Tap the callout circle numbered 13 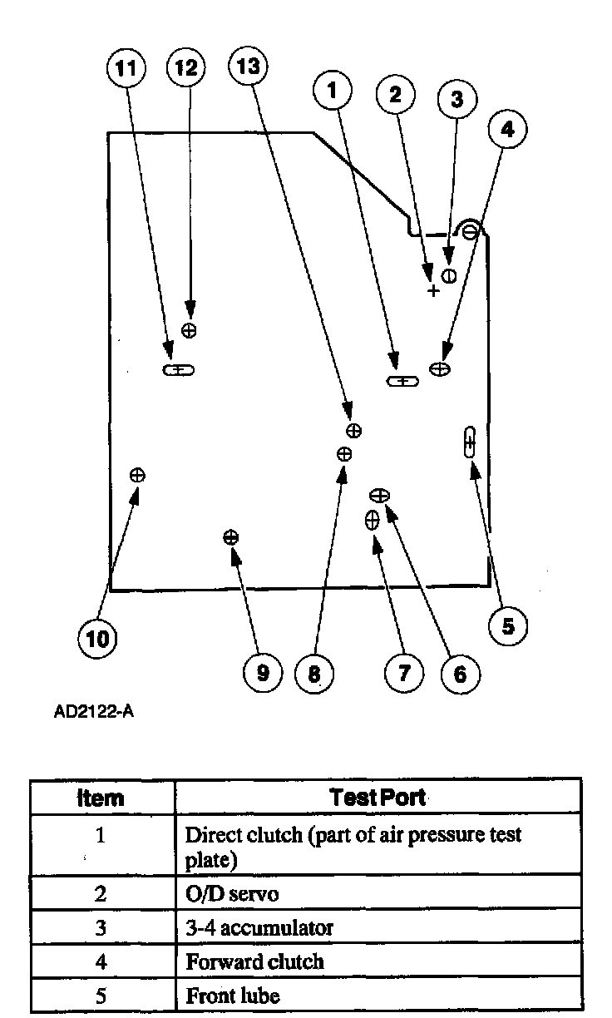point(248,67)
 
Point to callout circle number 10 point(97,639)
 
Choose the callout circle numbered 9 point(263,672)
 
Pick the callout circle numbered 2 point(396,94)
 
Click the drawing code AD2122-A point(93,714)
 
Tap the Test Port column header point(378,798)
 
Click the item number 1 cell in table point(101,835)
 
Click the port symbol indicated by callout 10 point(137,475)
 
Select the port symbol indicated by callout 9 point(231,537)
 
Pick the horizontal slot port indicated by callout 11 point(178,370)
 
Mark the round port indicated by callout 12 point(190,330)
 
